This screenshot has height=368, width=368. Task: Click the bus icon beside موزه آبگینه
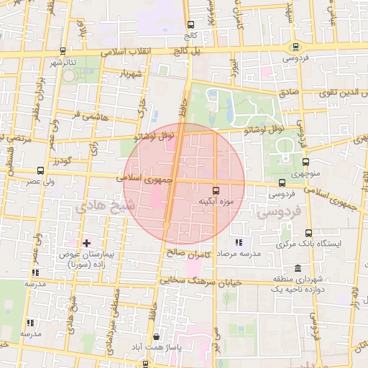pos(216,190)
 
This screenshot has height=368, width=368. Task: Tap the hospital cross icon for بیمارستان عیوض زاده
pos(87,244)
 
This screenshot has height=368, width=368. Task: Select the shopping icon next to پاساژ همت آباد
pos(157,336)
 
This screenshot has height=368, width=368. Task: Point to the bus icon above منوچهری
pos(305,162)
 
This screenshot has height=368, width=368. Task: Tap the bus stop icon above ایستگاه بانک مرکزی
pos(308,233)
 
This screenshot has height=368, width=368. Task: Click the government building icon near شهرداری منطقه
pos(277,277)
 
